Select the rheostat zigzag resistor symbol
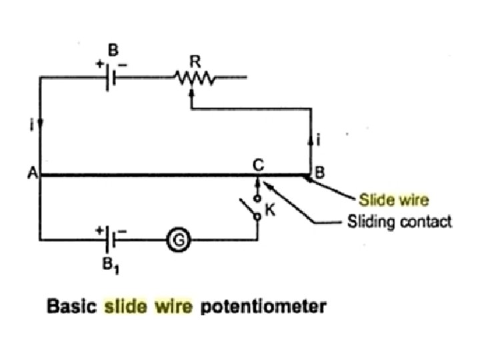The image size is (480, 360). click(x=192, y=79)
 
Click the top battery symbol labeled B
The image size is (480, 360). click(x=112, y=78)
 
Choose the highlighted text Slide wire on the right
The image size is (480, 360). click(x=394, y=199)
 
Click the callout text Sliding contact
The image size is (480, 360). click(x=399, y=221)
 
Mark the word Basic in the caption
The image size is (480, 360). click(x=70, y=307)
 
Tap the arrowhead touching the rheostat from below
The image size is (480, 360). click(x=192, y=93)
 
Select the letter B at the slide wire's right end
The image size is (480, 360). click(x=319, y=171)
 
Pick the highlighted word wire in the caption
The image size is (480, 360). click(x=171, y=307)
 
